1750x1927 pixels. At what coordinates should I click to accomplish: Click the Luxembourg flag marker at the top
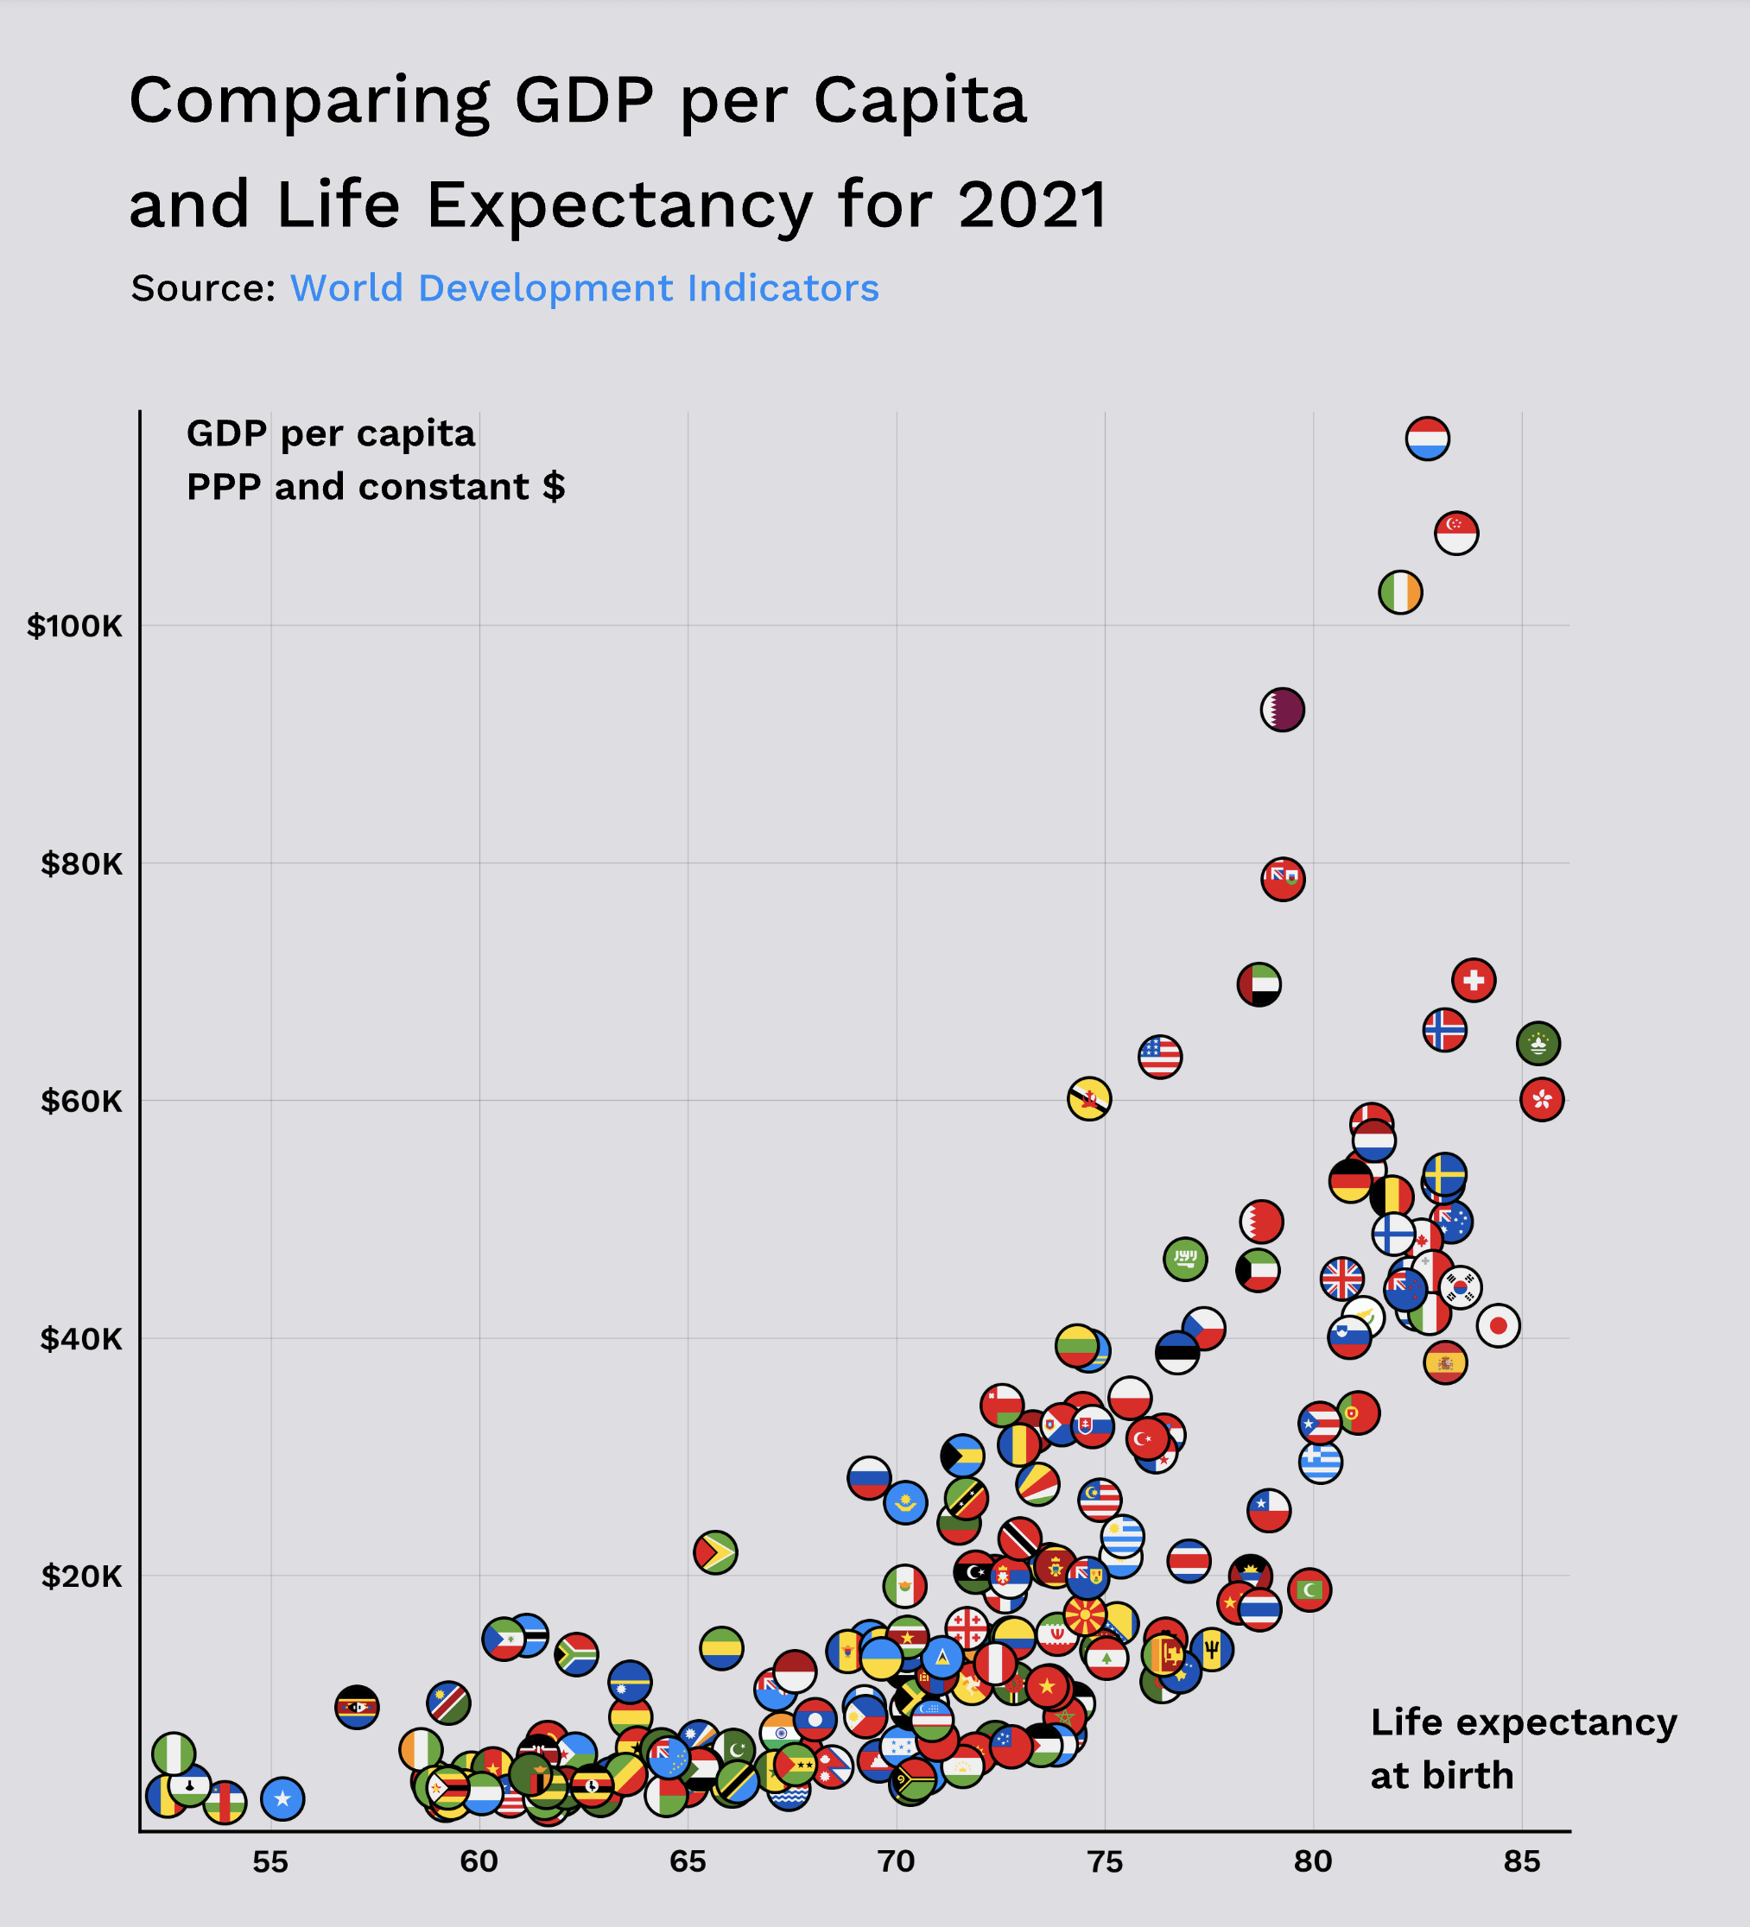1427,439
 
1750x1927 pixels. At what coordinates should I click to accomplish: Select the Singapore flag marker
1455,533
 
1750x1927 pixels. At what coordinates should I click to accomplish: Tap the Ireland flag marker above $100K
1400,592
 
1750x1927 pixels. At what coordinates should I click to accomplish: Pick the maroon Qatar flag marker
1283,710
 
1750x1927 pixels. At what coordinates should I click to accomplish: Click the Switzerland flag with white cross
1473,980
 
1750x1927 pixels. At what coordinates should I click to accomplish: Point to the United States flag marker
1159,1056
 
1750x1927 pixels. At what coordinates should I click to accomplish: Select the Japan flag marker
1498,1324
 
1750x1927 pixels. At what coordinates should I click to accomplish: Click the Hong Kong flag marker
1541,1099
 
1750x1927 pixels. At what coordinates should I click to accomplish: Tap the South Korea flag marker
1459,1286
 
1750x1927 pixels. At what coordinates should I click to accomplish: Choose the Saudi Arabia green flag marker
1185,1259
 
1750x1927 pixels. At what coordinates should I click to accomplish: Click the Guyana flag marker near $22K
715,1551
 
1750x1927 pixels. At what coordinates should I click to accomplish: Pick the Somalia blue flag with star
282,1798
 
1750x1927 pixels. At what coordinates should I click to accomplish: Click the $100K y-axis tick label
74,626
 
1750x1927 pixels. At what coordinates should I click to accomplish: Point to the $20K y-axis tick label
81,1576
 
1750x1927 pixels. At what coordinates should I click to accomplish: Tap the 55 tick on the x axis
270,1862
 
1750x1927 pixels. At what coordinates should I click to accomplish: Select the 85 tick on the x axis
1521,1862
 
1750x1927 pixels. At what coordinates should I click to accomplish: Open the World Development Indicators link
584,287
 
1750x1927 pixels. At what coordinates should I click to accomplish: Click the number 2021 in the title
1033,205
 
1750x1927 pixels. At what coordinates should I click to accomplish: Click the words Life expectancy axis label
1523,1722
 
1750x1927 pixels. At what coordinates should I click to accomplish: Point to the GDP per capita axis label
330,433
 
